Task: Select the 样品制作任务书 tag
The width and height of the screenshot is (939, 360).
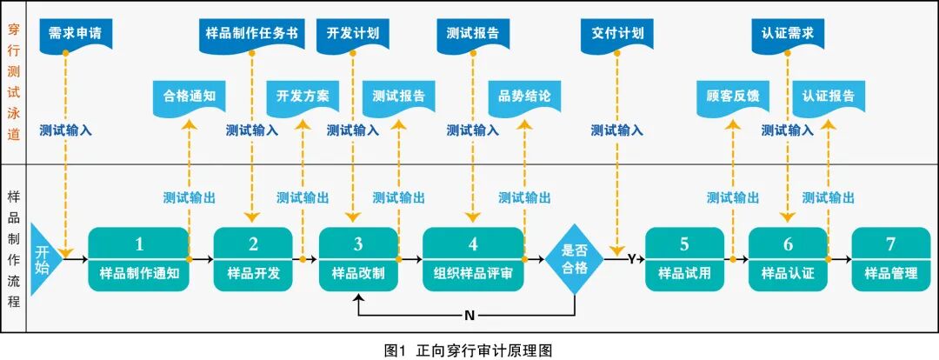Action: [251, 35]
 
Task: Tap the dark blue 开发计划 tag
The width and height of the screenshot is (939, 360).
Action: [352, 35]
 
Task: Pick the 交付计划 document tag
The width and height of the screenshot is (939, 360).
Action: [616, 35]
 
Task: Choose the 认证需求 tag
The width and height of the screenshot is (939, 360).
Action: [788, 35]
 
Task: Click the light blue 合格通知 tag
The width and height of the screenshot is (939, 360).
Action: [189, 97]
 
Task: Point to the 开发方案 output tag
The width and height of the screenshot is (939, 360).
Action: [303, 97]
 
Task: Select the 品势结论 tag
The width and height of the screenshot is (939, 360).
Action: [524, 97]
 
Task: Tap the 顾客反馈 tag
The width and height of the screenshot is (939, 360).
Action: [733, 97]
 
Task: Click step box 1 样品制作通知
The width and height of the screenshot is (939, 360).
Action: [138, 258]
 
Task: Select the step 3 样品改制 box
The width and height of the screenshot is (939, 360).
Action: [358, 258]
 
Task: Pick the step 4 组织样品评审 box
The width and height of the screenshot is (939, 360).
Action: [473, 258]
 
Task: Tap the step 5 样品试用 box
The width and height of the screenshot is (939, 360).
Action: [684, 258]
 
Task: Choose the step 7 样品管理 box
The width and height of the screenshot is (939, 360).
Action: [890, 258]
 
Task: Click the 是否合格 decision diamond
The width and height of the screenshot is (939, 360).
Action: [576, 258]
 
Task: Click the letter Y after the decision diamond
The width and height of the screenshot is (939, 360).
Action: [631, 258]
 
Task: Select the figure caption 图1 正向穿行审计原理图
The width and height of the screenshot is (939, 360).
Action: [469, 350]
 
